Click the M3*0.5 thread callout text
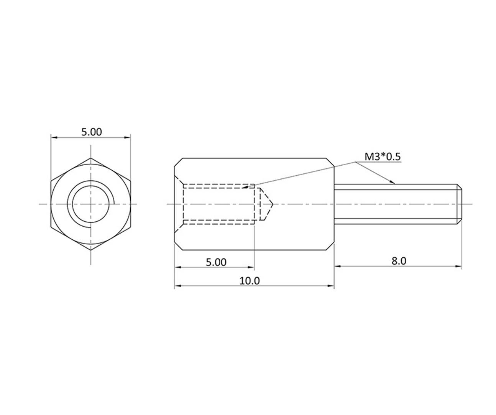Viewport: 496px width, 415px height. click(x=382, y=156)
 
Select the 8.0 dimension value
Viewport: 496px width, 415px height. click(x=398, y=261)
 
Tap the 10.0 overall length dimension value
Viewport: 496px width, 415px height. click(x=250, y=281)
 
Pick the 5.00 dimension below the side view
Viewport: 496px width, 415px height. click(x=216, y=262)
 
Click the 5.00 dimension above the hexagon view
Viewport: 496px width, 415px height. click(x=92, y=132)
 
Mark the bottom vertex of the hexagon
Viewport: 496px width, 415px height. click(x=91, y=250)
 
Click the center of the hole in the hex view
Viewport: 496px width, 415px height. click(x=91, y=204)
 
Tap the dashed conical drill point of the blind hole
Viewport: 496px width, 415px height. click(x=266, y=204)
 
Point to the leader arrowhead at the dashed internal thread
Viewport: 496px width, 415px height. click(x=245, y=187)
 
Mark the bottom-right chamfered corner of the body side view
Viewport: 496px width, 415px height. click(x=330, y=246)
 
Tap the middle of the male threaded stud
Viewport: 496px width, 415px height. click(x=397, y=204)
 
